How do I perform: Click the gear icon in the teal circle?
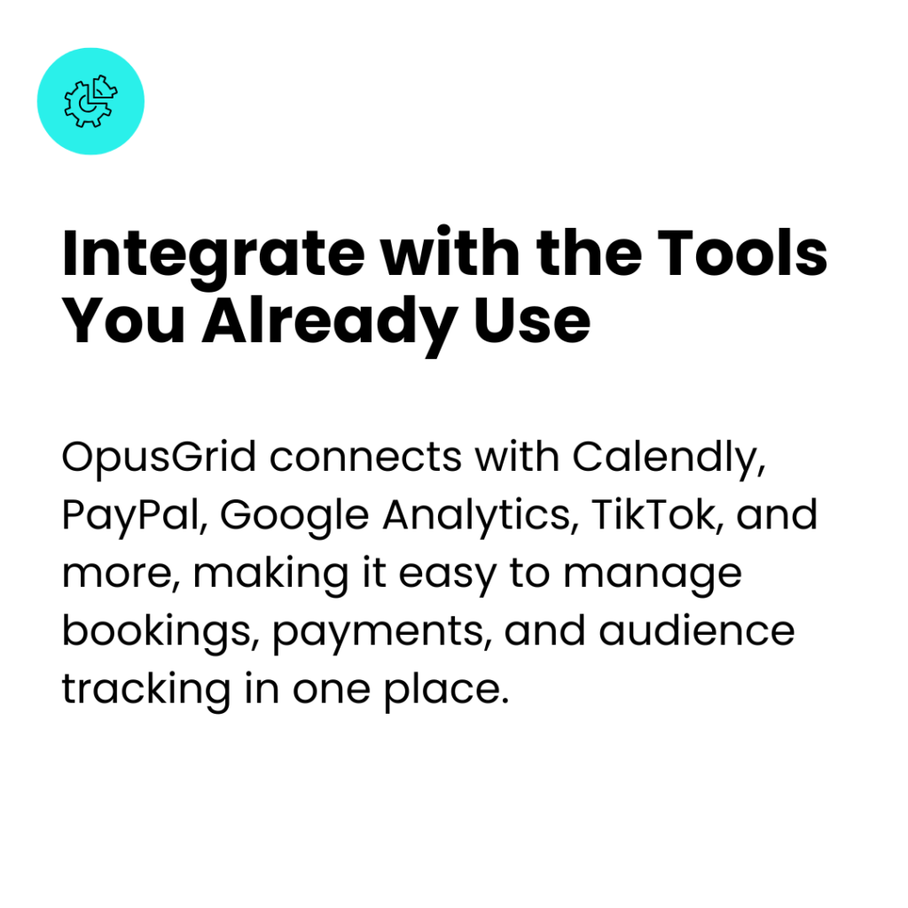[x=90, y=101]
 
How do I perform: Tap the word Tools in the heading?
[x=742, y=253]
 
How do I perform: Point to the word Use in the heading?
[x=532, y=320]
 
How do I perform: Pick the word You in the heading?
[x=123, y=320]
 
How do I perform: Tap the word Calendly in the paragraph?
[x=669, y=459]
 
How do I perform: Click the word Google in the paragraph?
[x=294, y=517]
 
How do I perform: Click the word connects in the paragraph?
[x=365, y=458]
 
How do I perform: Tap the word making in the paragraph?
[x=270, y=575]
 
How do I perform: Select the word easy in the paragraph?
[x=448, y=576]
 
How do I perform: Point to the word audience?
[x=697, y=630]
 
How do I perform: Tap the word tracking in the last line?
[x=146, y=691]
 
